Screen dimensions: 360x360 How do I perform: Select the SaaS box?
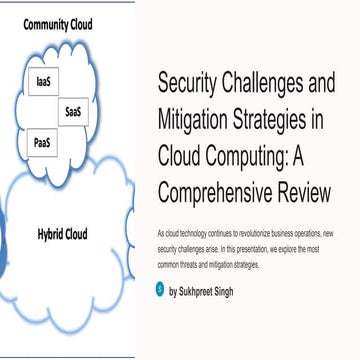point(73,112)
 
